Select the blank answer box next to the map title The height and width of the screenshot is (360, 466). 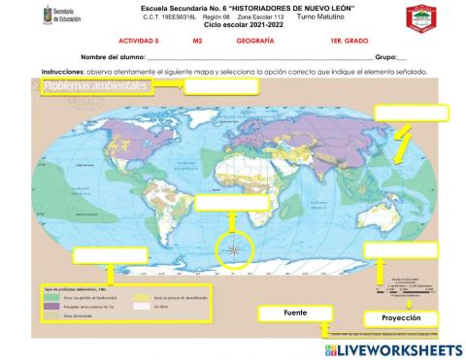tap(220, 86)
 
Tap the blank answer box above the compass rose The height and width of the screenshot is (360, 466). tap(230, 203)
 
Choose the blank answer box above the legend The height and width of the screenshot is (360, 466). tap(109, 254)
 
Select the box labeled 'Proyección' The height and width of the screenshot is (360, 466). tap(401, 318)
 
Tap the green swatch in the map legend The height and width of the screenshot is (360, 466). tap(57, 297)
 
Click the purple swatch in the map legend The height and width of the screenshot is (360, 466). tap(57, 307)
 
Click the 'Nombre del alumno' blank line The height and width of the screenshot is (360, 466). tap(252, 58)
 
